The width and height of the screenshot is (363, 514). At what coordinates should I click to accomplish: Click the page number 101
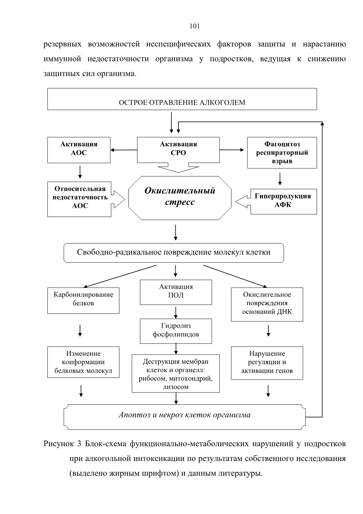coord(194,26)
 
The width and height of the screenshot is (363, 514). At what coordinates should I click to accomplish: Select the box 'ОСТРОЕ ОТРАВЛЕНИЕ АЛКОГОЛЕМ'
coord(182,99)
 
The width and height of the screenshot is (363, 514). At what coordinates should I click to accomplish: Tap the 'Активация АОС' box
coord(79,150)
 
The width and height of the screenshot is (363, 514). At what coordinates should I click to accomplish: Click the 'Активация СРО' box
coord(178,150)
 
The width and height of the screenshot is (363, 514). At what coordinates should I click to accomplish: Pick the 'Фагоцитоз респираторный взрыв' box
coord(282,153)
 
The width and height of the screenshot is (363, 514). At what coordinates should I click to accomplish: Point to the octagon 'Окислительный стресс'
coord(180,198)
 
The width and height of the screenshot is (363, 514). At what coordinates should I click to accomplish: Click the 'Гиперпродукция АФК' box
coord(283,202)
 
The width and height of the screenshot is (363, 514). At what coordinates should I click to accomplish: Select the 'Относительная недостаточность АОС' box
coord(79,199)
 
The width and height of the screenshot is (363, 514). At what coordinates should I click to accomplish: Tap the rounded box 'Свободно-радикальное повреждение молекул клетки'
coord(174,253)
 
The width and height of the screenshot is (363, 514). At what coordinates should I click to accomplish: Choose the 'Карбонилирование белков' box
coord(83,301)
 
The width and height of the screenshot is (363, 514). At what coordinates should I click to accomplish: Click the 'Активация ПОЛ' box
coord(176,292)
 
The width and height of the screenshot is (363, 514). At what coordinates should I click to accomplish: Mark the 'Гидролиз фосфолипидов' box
coord(176,331)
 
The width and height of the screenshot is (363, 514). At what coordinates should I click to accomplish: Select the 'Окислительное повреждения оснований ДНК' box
coord(267,304)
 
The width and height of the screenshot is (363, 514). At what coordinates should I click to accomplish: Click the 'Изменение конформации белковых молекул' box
coord(83,362)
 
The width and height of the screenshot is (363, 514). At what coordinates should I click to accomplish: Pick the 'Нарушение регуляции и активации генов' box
coord(267,363)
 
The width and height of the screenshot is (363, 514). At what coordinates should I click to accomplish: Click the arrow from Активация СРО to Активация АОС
coord(124,150)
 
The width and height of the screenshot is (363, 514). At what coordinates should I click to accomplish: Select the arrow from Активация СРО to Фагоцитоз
coord(232,150)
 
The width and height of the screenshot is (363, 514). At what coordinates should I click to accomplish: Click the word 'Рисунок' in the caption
coord(59,444)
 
